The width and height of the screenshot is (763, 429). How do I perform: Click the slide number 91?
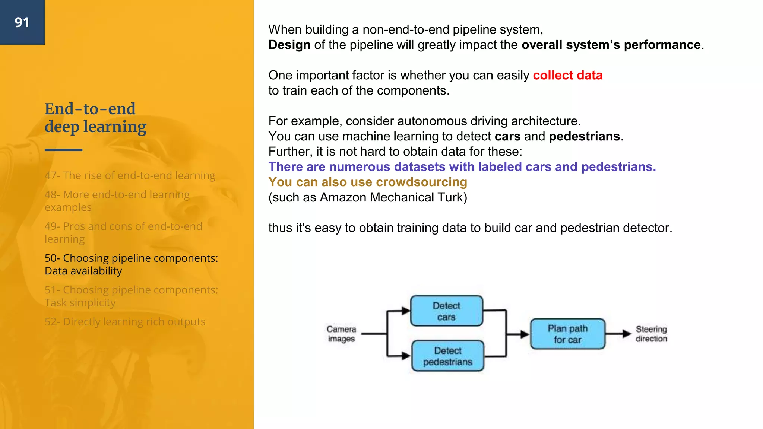click(x=22, y=22)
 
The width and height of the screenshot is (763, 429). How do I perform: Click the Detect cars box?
click(x=446, y=311)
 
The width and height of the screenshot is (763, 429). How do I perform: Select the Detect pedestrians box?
click(x=447, y=356)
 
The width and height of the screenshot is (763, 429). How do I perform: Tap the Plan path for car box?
click(x=567, y=334)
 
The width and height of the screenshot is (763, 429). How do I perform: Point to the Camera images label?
click(x=341, y=334)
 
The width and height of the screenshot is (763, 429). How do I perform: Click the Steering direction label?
click(x=651, y=334)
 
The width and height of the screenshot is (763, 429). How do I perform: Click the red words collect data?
click(x=567, y=75)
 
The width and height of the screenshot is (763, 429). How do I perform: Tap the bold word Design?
click(x=289, y=45)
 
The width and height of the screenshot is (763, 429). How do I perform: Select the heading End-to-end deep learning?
click(x=95, y=118)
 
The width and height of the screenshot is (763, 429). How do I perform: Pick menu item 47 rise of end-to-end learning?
click(x=130, y=175)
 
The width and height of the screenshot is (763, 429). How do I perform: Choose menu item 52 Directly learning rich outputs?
click(x=125, y=322)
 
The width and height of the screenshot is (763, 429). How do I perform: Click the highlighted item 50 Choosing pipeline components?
click(x=131, y=264)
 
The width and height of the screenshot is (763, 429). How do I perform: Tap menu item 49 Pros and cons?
click(x=123, y=232)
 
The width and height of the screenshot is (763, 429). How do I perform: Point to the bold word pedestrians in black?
click(x=584, y=136)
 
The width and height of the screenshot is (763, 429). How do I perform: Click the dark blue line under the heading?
click(x=63, y=150)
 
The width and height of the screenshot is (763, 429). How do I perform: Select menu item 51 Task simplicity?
click(x=131, y=296)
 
